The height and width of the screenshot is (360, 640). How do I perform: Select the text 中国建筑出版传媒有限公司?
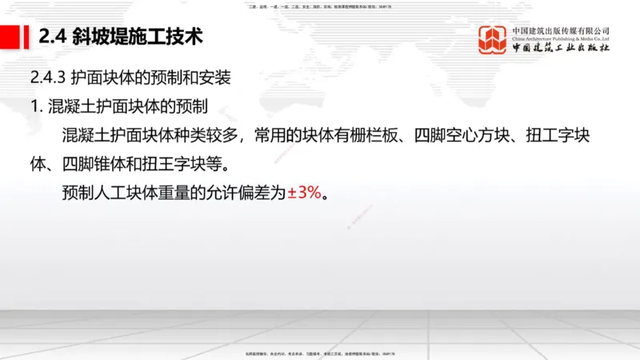tap(561, 30)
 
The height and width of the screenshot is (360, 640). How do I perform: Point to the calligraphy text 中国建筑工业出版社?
tap(561, 49)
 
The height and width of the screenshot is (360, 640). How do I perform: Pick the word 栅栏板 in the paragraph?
tap(378, 136)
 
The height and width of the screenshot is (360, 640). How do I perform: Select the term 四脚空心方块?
tap(464, 136)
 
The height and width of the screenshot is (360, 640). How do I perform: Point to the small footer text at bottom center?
tap(320, 354)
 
